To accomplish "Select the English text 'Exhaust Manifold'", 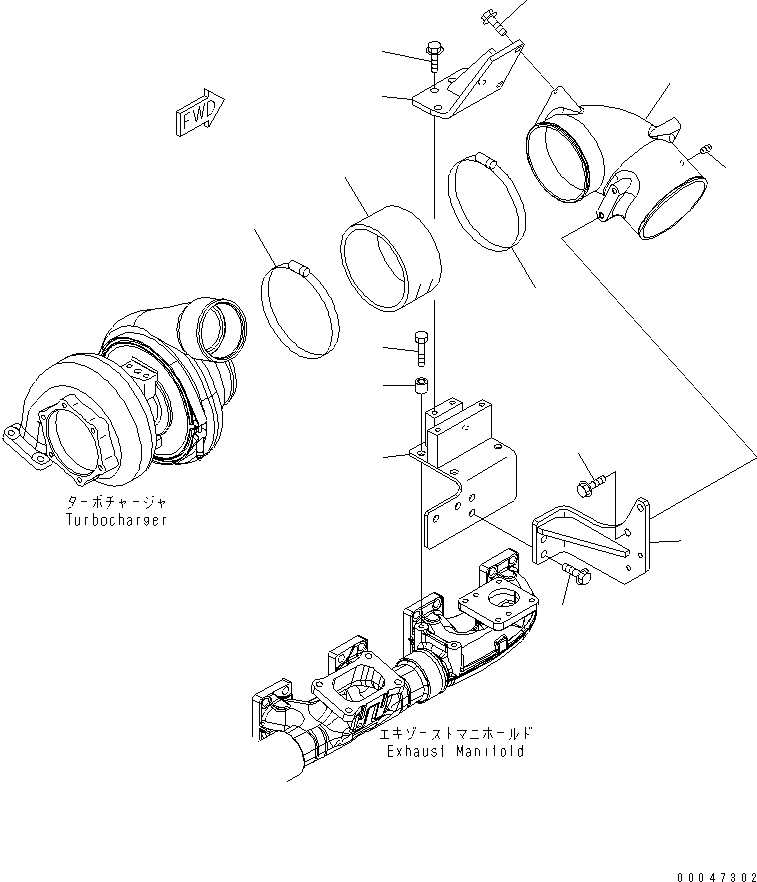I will pyautogui.click(x=455, y=751).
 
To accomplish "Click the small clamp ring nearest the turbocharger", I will pyautogui.click(x=300, y=310).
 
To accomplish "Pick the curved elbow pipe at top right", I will pyautogui.click(x=620, y=165).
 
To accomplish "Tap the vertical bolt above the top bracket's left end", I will pyautogui.click(x=435, y=52).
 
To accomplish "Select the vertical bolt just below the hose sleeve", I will pyautogui.click(x=423, y=347).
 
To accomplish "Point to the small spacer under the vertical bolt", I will pyautogui.click(x=423, y=385).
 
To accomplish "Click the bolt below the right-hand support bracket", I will pyautogui.click(x=577, y=574).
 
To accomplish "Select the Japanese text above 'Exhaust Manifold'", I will pyautogui.click(x=455, y=733).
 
